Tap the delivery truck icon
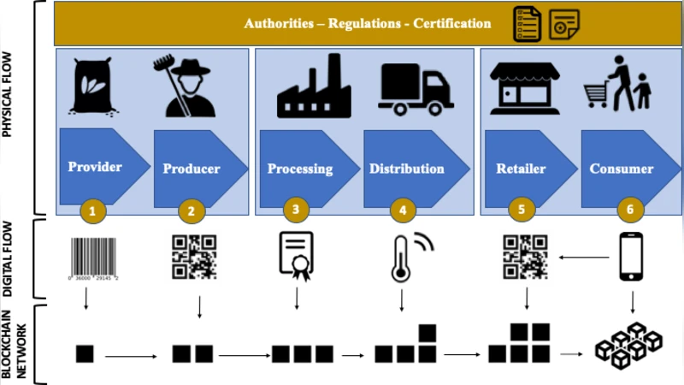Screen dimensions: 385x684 (x=415, y=91)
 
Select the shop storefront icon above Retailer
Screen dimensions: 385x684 (x=522, y=88)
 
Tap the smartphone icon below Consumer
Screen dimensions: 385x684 (x=632, y=258)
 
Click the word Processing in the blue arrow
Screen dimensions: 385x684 (x=299, y=169)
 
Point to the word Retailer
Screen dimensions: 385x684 (x=521, y=169)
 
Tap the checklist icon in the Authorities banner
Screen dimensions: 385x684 (x=527, y=24)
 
